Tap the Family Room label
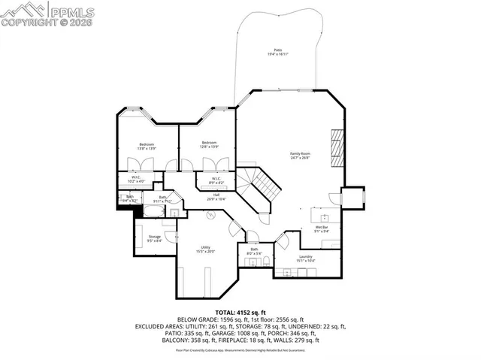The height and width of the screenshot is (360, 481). click(x=301, y=156)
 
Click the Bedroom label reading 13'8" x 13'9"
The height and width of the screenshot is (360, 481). click(x=146, y=146)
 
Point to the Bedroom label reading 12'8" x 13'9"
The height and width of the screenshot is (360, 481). click(x=209, y=144)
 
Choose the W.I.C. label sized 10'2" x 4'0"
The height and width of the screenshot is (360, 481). click(x=135, y=180)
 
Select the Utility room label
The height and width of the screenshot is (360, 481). click(x=205, y=250)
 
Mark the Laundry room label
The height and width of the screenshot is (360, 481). click(x=305, y=259)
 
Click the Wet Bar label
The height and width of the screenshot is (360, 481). click(x=321, y=228)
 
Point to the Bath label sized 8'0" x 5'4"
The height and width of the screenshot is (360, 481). click(x=253, y=252)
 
